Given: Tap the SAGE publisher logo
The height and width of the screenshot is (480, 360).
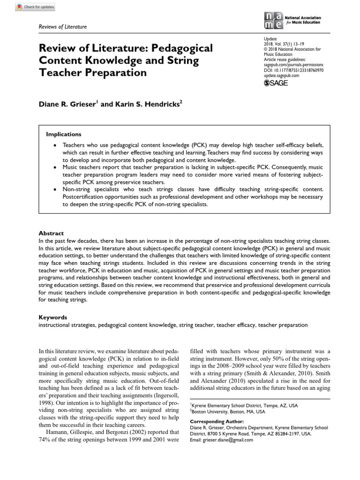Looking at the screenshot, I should tap(276, 83).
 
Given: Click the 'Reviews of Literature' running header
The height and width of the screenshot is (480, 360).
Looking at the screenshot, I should tap(63, 27).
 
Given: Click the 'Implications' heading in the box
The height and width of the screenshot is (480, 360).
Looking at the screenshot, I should tap(63, 134).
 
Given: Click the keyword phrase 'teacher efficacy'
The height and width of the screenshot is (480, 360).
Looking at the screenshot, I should tap(238, 324).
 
